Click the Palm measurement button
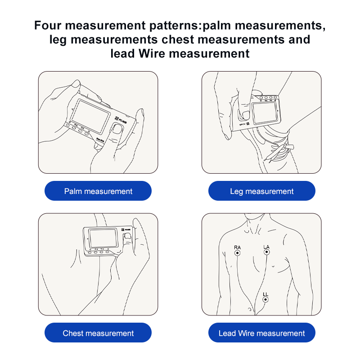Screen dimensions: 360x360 [98, 191]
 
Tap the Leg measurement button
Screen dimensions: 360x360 [261, 191]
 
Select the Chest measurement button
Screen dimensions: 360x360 [98, 333]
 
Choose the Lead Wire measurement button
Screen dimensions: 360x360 [261, 333]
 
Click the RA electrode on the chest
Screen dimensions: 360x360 [238, 253]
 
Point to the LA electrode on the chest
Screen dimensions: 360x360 [266, 253]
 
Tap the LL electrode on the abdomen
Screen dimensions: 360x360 [265, 300]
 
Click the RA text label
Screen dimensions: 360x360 [238, 247]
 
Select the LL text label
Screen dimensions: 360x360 [265, 294]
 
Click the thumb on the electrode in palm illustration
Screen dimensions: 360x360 [118, 131]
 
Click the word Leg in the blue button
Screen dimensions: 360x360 [236, 191]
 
